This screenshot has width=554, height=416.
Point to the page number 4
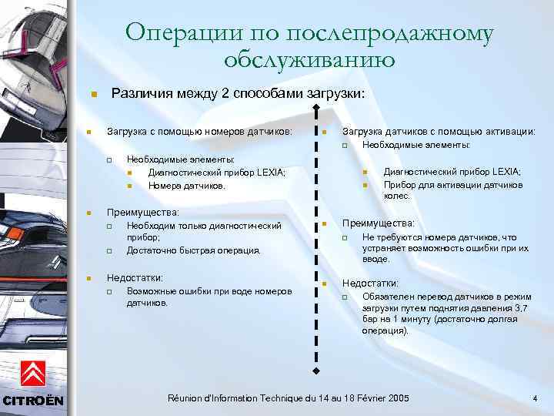(x=535, y=398)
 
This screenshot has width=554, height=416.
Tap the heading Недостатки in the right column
(x=370, y=283)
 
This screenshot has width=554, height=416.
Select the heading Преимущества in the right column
(x=378, y=223)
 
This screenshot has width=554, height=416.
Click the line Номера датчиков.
(x=187, y=186)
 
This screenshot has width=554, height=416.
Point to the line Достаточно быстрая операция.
(x=194, y=250)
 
